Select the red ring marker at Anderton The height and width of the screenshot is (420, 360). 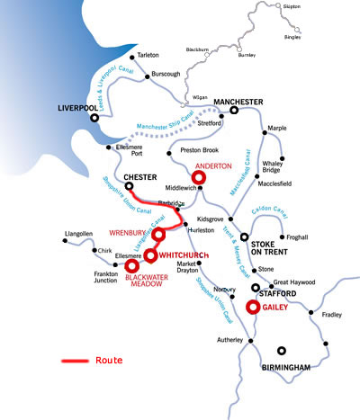click(x=199, y=178)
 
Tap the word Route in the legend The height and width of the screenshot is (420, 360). click(x=109, y=360)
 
